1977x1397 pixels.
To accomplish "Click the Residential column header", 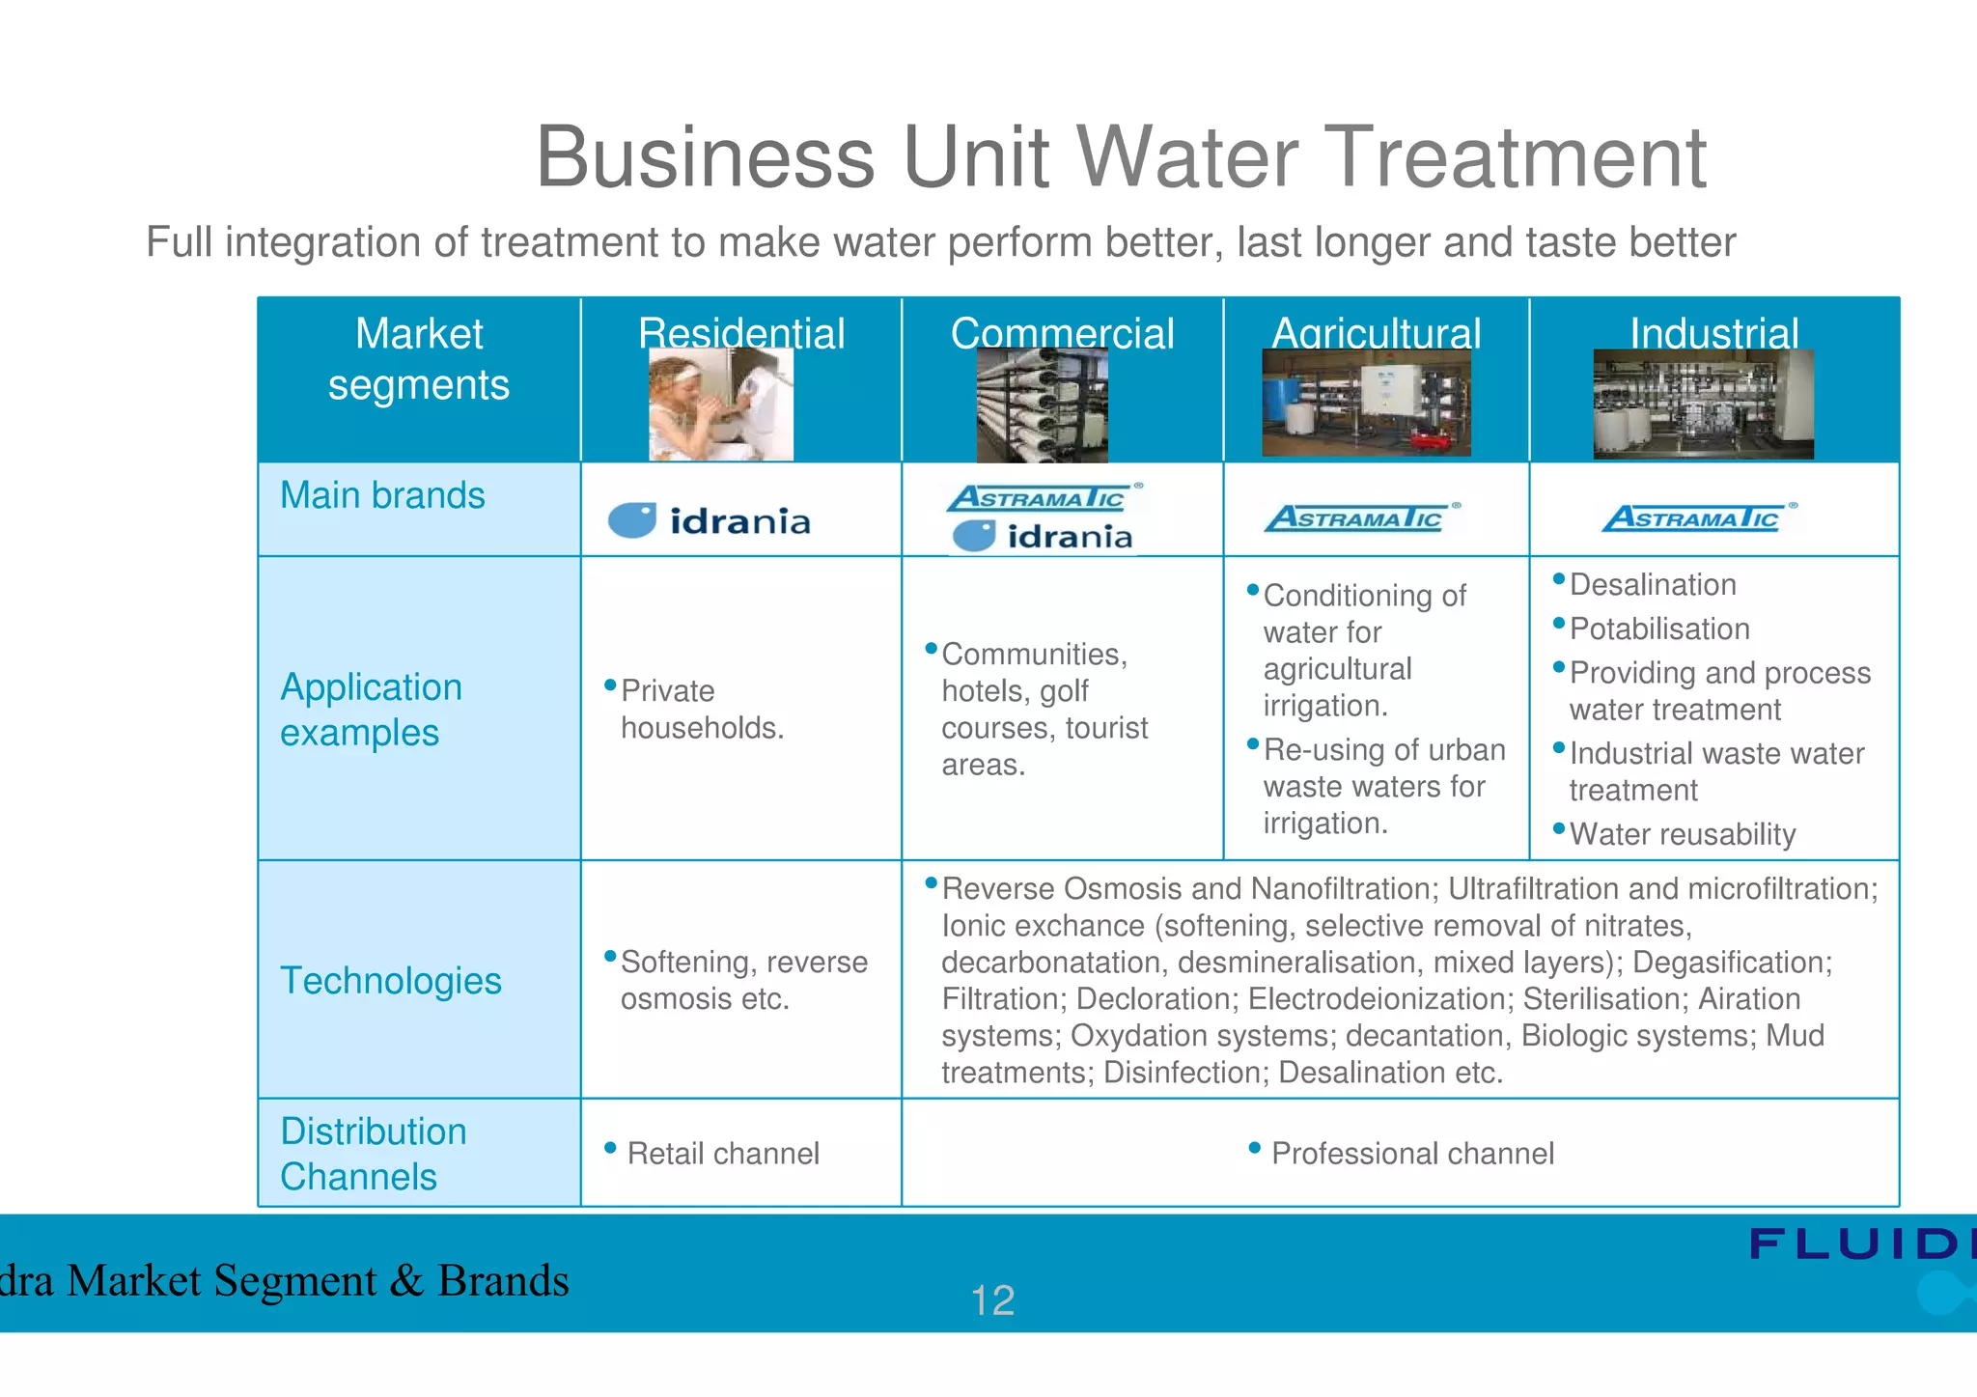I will [740, 333].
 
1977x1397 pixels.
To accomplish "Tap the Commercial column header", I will [1062, 333].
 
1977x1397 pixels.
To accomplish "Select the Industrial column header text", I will [1713, 333].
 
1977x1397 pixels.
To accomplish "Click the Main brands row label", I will [382, 495].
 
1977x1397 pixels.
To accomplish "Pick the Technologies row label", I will [390, 981].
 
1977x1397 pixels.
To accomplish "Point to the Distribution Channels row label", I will [374, 1154].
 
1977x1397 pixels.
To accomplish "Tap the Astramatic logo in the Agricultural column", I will [1361, 518].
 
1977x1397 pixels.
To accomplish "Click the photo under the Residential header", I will [721, 405].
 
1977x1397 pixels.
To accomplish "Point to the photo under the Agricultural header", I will [1366, 403].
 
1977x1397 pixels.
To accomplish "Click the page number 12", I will [992, 1300].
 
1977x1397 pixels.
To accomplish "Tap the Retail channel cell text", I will [722, 1154].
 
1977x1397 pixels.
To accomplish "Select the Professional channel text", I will [1411, 1154].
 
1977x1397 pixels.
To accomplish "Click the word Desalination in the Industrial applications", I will [1653, 585].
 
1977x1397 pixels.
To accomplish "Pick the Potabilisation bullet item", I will [1658, 629].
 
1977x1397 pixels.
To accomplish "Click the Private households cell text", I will [702, 710].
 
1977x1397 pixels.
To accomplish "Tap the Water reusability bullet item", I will [1682, 834].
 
